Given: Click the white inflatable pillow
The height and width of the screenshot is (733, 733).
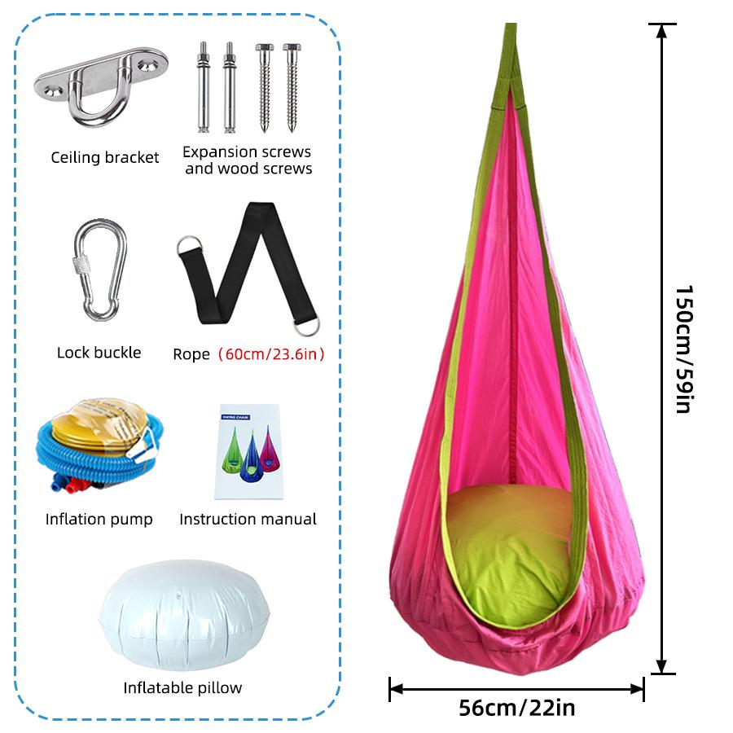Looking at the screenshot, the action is pyautogui.click(x=184, y=614).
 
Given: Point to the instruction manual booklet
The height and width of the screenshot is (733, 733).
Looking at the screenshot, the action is pyautogui.click(x=248, y=451).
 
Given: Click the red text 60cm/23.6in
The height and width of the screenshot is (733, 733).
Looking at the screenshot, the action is pyautogui.click(x=271, y=354).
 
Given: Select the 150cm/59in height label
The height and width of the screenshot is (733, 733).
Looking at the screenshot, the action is pyautogui.click(x=684, y=349).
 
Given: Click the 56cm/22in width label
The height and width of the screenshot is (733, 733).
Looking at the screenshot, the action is pyautogui.click(x=516, y=708).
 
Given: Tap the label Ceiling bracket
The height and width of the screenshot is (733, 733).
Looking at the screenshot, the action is pyautogui.click(x=105, y=157).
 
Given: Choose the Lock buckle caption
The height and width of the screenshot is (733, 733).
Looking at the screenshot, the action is pyautogui.click(x=99, y=353).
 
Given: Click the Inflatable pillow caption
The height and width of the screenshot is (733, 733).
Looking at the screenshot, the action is pyautogui.click(x=182, y=687).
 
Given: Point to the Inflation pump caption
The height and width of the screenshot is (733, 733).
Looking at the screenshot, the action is pyautogui.click(x=99, y=520).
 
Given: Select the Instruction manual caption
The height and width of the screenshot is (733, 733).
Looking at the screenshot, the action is pyautogui.click(x=248, y=519).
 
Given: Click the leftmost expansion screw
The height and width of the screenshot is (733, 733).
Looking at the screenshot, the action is pyautogui.click(x=204, y=87).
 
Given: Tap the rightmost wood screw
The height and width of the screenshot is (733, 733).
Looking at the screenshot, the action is pyautogui.click(x=292, y=87).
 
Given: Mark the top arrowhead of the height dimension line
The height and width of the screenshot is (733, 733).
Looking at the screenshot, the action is pyautogui.click(x=661, y=31).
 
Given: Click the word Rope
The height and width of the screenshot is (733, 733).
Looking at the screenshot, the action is pyautogui.click(x=191, y=354).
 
